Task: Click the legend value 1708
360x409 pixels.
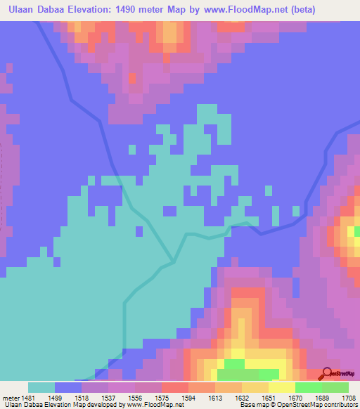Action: click(350, 398)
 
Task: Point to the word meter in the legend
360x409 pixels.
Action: click(11, 398)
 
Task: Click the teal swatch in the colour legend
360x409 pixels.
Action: click(41, 387)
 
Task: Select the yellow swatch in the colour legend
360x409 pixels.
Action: click(281, 387)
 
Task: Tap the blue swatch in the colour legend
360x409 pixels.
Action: click(68, 387)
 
